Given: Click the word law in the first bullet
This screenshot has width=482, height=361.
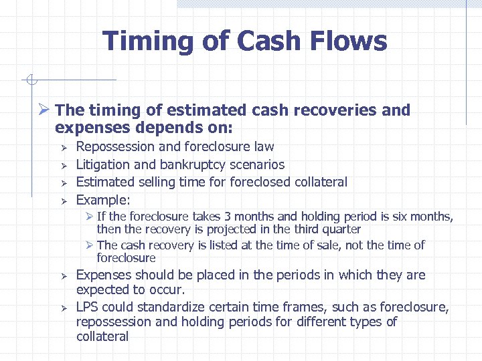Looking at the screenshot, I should [x=264, y=146].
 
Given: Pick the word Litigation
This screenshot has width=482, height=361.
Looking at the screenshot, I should [x=102, y=164].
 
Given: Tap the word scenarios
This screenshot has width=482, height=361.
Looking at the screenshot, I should [x=258, y=164].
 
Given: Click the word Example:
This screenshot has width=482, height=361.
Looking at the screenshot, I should [x=103, y=200].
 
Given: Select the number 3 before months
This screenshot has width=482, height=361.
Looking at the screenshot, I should [x=228, y=217].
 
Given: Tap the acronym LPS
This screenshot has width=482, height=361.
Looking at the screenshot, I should [x=89, y=307].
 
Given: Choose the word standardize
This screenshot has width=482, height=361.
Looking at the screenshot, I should [x=162, y=307].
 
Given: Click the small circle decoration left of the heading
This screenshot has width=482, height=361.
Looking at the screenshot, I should [x=29, y=81].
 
